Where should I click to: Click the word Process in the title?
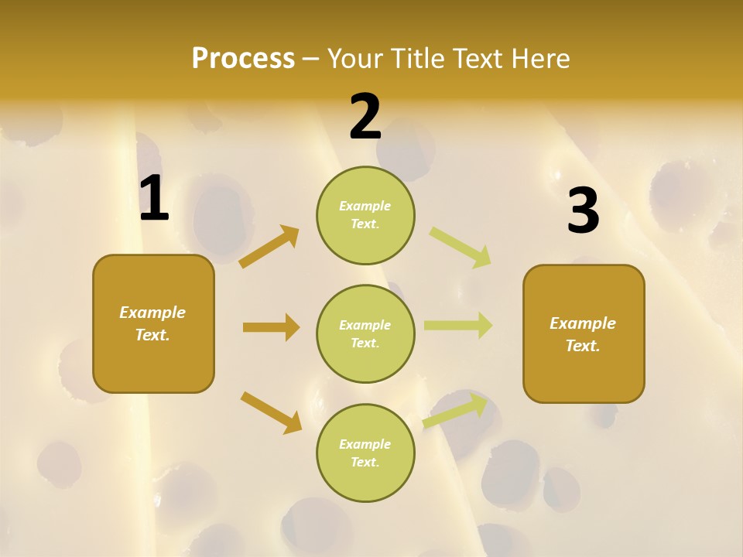243,58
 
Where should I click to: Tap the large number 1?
154,199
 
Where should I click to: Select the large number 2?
365,117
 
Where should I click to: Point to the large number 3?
583,211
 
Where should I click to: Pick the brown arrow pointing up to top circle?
269,247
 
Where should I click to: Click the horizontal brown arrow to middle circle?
271,327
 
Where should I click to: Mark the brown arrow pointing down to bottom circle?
271,412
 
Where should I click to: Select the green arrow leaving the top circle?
460,248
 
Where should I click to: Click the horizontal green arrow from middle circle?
457,325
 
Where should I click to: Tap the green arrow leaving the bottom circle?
455,411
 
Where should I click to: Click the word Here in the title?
540,58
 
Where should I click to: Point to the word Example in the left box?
152,313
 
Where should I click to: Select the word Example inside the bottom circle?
365,444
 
